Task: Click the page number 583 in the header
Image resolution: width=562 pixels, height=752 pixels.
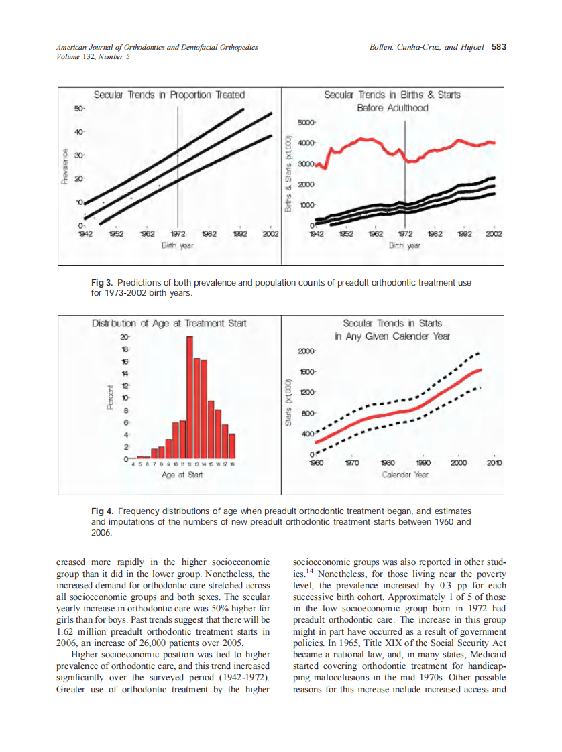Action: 498,47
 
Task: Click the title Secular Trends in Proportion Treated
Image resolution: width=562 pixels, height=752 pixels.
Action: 169,95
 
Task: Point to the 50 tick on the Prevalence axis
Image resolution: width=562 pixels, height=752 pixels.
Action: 78,108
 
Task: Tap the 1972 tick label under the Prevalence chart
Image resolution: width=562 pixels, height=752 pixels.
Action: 178,235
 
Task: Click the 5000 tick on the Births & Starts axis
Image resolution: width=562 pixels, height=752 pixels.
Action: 305,123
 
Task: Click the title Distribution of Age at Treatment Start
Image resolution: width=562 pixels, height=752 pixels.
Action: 169,324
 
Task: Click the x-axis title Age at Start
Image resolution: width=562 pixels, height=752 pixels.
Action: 182,475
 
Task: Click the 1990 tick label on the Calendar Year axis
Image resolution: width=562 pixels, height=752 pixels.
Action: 423,463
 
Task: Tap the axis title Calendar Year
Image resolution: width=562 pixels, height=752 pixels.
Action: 404,475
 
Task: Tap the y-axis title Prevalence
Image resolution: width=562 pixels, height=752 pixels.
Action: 65,166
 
